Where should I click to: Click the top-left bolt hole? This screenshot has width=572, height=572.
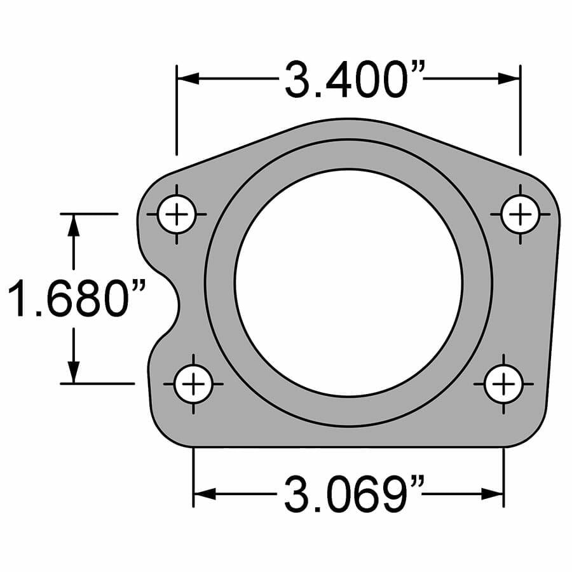(x=177, y=214)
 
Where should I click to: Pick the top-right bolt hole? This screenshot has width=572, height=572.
(x=520, y=214)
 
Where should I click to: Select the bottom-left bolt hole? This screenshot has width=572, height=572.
(x=193, y=384)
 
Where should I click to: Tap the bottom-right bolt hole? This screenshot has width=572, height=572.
(x=503, y=384)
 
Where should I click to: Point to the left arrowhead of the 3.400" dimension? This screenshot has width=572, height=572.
(x=188, y=78)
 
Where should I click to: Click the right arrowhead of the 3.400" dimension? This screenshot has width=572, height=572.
(x=508, y=78)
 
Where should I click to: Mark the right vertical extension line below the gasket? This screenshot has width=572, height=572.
(x=503, y=477)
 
